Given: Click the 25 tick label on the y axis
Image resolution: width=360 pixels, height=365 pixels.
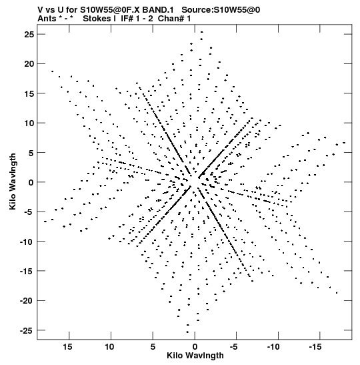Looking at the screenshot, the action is pos(29,35).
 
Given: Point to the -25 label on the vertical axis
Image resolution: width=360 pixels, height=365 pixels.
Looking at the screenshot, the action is pos(27,330).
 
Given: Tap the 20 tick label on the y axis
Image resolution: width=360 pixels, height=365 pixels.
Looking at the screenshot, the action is pos(29,64).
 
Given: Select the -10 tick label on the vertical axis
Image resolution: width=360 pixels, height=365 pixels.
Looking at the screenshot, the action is pos(27,242).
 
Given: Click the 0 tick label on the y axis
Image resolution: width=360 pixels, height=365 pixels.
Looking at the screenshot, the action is pos(31,183).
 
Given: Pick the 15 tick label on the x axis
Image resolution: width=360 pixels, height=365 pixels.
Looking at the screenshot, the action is pos(67,347).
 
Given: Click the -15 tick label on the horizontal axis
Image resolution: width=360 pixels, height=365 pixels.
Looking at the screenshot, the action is pos(315,347).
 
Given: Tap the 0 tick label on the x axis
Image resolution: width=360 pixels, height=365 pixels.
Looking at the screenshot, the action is pos(195,347).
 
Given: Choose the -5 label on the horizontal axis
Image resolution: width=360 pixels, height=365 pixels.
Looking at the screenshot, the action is pos(233,347).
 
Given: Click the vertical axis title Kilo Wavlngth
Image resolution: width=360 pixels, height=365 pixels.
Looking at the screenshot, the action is pos(13,181).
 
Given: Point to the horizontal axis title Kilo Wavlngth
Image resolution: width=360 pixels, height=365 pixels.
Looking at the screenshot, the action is pos(195,356).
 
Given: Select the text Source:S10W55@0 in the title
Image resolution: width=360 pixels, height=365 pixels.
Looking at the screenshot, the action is pos(221,10).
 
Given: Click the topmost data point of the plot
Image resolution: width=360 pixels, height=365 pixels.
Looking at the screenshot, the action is pos(202,32).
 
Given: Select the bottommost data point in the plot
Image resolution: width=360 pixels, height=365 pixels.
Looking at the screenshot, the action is pos(187,332).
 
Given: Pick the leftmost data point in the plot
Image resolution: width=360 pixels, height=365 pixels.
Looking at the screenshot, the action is pos(45,222).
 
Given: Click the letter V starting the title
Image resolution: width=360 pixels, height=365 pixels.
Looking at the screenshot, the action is pos(41,10).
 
